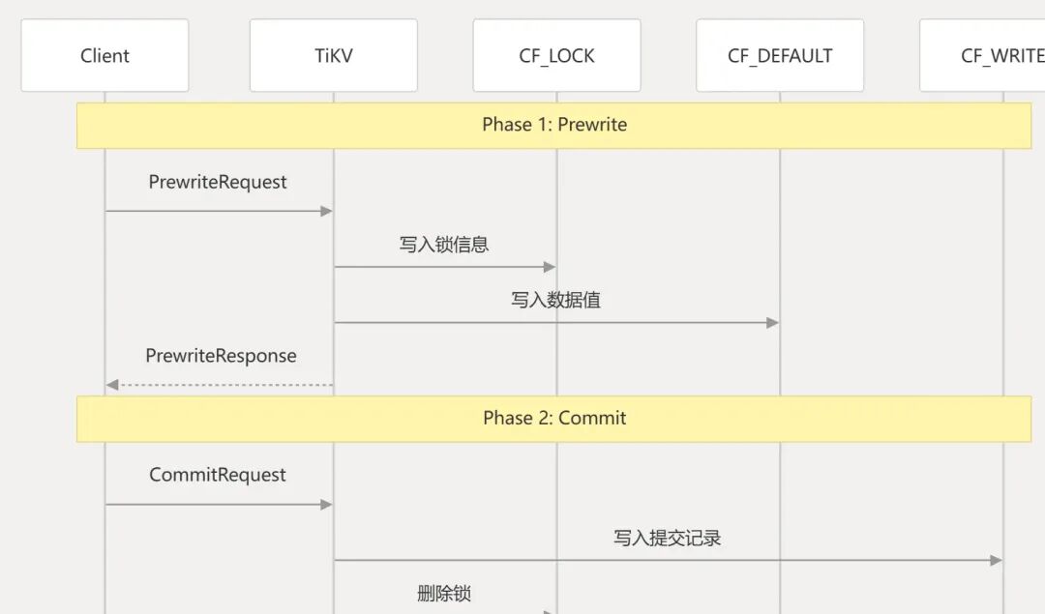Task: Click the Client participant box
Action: coord(104,56)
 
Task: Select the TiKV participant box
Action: coord(334,56)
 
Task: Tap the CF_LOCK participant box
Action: coord(556,56)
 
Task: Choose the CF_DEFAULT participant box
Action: coord(780,56)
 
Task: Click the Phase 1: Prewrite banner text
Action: coord(554,125)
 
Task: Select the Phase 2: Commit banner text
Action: coord(554,418)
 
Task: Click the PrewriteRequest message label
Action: coord(218,182)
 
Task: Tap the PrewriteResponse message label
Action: coord(221,356)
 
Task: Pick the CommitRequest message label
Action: coord(218,475)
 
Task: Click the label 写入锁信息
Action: coord(444,245)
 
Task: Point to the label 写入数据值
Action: coord(555,300)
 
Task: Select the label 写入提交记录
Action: coord(667,538)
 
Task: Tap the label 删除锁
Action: coord(444,594)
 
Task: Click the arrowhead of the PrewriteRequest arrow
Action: coord(327,211)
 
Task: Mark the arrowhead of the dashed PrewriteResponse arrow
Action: coord(112,385)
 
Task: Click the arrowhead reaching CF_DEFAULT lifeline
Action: coord(773,323)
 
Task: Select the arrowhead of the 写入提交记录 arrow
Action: coord(997,560)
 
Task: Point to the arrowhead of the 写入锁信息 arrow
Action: coord(550,267)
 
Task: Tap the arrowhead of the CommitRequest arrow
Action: coord(327,505)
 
